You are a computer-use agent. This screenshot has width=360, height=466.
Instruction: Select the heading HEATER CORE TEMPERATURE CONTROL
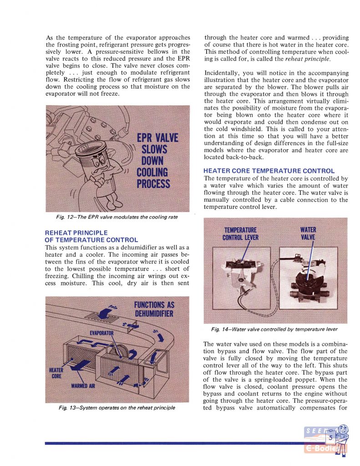click(269, 171)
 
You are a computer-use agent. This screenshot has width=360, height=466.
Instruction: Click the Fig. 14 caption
click(274, 329)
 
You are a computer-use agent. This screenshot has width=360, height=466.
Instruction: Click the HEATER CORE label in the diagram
click(56, 373)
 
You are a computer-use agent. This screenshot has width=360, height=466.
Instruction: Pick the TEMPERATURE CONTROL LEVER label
click(240, 233)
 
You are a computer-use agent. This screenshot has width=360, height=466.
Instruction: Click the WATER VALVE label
click(308, 233)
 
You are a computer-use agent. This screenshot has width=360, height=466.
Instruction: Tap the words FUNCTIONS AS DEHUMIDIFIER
click(154, 309)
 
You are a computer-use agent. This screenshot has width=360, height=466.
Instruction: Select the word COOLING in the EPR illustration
click(152, 172)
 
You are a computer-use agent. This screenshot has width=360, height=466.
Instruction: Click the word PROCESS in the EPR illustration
click(153, 184)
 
